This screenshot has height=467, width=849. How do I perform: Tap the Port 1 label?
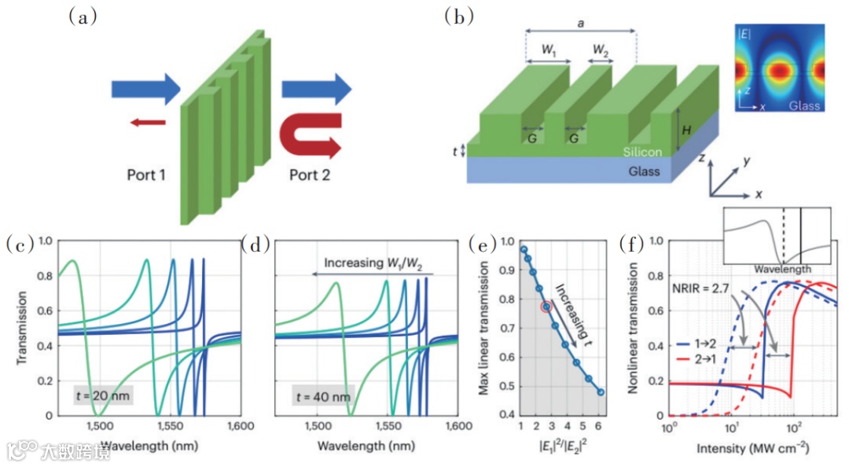click(147, 174)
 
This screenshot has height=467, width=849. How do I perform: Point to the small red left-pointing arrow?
click(148, 122)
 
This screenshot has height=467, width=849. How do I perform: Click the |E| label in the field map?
click(744, 35)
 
